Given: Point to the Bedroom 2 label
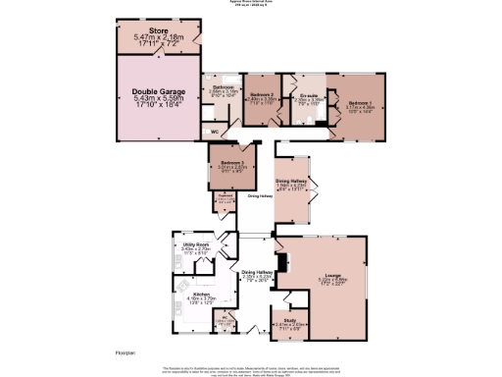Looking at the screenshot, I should coord(258,94).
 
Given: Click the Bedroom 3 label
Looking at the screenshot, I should coord(232,161).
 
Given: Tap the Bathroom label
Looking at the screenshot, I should coord(224,87).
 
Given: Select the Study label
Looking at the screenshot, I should coord(290,319).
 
